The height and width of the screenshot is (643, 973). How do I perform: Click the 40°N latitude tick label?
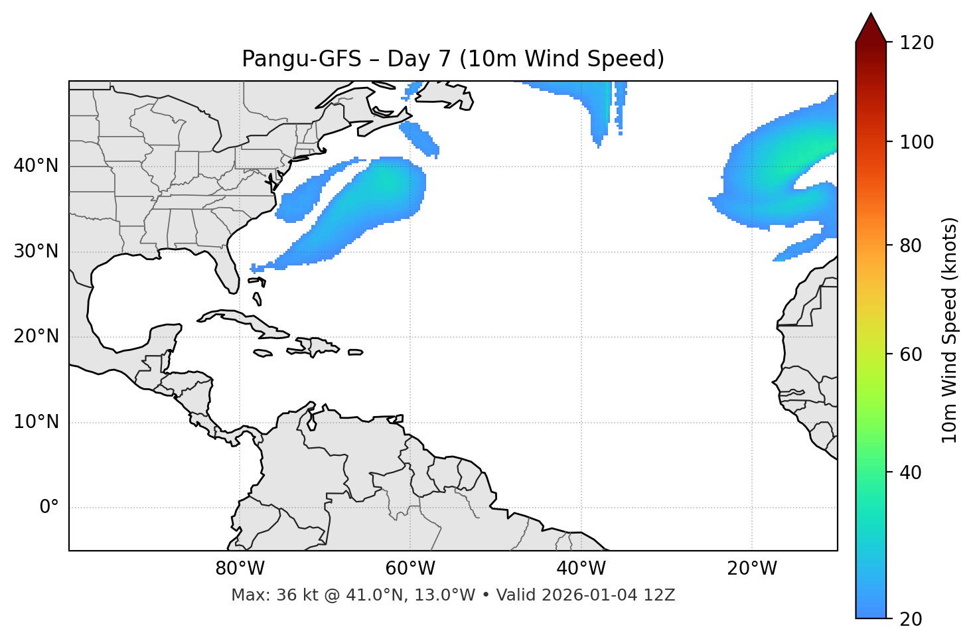36,166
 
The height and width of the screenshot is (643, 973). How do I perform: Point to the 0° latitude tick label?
49,508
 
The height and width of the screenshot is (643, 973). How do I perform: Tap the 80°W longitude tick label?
240,569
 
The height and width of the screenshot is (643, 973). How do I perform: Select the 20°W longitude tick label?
751,569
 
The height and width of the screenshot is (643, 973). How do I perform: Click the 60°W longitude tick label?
410,569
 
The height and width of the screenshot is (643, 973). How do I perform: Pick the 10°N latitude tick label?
36,422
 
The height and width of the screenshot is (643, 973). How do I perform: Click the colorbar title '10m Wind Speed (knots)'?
950,330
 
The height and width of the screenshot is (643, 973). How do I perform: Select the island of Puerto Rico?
355,352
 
